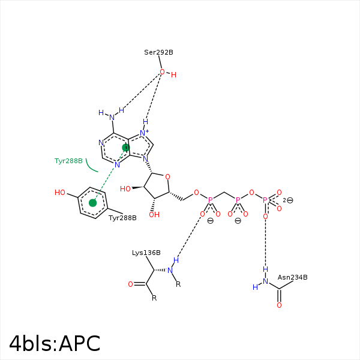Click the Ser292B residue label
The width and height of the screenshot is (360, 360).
pos(158,53)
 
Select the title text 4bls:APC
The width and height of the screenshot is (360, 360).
pos(55,344)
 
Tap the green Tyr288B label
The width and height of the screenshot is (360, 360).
pos(68,161)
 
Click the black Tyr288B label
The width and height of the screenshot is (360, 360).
pos(122,218)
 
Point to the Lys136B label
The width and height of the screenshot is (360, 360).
pos(146,253)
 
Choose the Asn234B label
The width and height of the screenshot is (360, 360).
pos(293,277)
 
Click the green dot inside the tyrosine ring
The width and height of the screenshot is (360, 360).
pos(93,203)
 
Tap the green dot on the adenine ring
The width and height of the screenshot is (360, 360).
pos(126,148)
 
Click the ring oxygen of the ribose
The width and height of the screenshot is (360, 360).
pos(167,177)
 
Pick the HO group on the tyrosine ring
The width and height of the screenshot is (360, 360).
pos(60,193)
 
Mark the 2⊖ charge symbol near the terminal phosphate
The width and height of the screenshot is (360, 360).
pos(288,200)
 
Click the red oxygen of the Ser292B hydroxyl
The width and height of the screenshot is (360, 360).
pos(163,72)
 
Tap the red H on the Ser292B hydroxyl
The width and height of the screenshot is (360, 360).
pos(173,75)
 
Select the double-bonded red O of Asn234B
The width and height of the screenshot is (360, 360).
pos(279,305)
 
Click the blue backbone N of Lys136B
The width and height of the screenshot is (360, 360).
pos(170,271)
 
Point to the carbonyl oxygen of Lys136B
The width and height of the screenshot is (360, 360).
pos(130,284)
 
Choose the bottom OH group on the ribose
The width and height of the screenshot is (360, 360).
pos(154,215)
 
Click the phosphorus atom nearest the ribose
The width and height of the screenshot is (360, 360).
pos(210,200)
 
